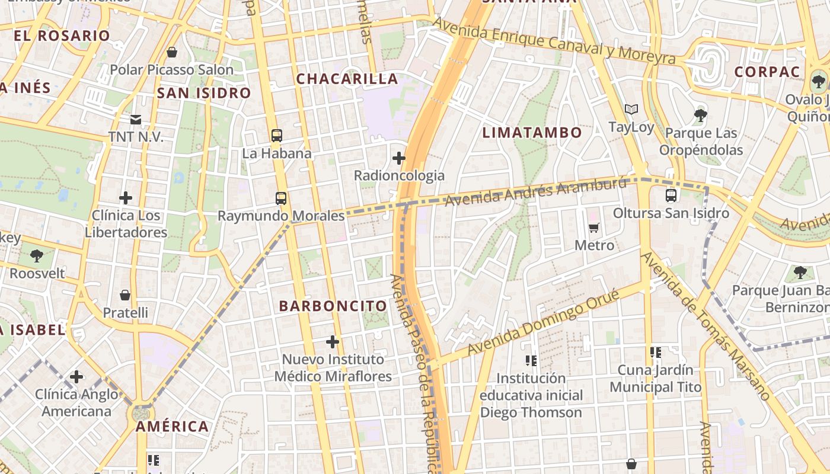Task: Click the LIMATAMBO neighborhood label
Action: pyautogui.click(x=532, y=132)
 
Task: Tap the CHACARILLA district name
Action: pyautogui.click(x=347, y=79)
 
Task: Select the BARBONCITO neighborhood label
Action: pyautogui.click(x=333, y=306)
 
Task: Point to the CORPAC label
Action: pyautogui.click(x=767, y=72)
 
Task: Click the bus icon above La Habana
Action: pyautogui.click(x=277, y=135)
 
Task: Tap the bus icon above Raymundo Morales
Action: pyautogui.click(x=281, y=198)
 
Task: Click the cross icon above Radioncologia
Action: pyautogui.click(x=399, y=158)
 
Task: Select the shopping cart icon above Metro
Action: pyautogui.click(x=594, y=228)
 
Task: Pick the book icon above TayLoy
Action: pyautogui.click(x=631, y=110)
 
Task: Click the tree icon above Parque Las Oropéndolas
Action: pyautogui.click(x=701, y=115)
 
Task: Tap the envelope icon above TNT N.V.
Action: pyautogui.click(x=136, y=120)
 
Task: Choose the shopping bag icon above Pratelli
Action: pyautogui.click(x=125, y=294)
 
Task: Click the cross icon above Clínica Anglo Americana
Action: pyautogui.click(x=76, y=376)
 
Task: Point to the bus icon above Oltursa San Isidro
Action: pyautogui.click(x=671, y=195)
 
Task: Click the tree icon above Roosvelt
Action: pyautogui.click(x=37, y=256)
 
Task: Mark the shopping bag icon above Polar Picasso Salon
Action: pyautogui.click(x=172, y=52)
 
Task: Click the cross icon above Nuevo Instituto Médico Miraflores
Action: pyautogui.click(x=333, y=342)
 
